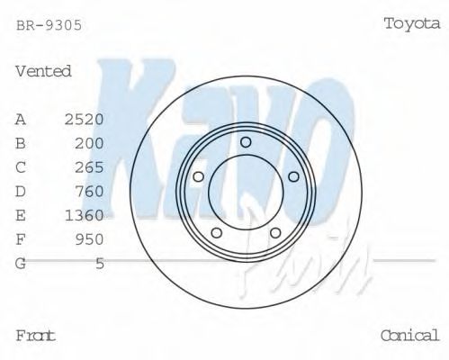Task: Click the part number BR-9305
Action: (49, 26)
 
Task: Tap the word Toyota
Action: (411, 23)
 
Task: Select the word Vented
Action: (43, 71)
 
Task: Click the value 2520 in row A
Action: (85, 119)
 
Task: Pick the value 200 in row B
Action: (89, 143)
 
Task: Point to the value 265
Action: (89, 167)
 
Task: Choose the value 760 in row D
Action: (89, 191)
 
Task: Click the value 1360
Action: (85, 215)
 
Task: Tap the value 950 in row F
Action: (89, 238)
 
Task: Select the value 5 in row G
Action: (99, 263)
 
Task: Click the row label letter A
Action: (21, 119)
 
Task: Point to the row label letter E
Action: (21, 215)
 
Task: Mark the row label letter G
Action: (21, 263)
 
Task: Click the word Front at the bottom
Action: (36, 335)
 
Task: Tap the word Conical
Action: (409, 335)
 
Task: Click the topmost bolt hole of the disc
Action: (246, 141)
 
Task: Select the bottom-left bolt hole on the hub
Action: (216, 233)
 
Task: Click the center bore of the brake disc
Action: (245, 190)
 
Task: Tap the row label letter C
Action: (21, 167)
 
